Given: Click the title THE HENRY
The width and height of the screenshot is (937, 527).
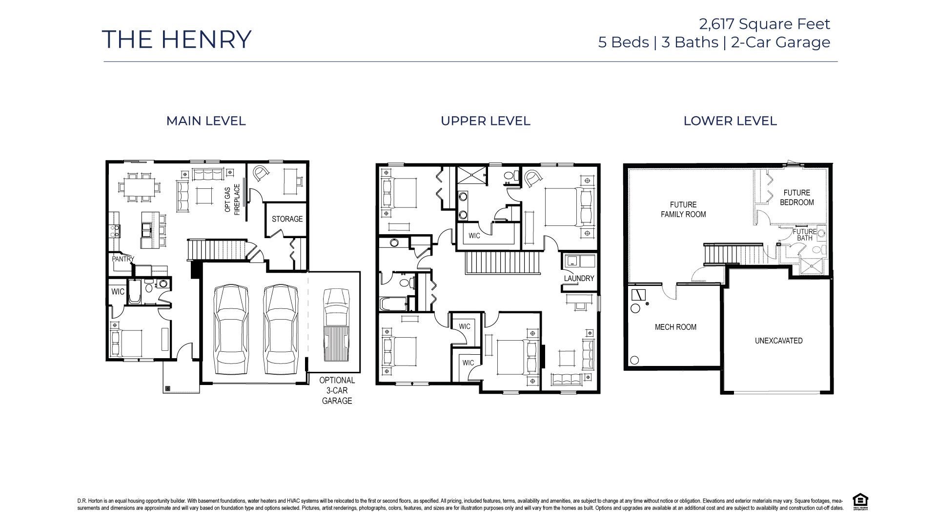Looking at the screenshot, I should pos(177,40).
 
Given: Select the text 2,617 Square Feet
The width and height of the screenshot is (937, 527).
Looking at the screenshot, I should pos(764,23).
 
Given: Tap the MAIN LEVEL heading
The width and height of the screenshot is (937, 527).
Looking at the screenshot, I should pos(206,121).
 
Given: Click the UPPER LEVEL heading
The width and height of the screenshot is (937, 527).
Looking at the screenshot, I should pos(485,121).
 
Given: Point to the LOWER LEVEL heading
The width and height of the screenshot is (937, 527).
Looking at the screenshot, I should pos(730,121).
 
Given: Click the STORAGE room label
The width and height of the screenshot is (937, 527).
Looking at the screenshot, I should pos(287,219).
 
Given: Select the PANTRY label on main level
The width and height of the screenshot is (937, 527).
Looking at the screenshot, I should pos(122,259).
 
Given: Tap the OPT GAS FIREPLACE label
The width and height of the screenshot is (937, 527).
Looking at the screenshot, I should pos(233,199).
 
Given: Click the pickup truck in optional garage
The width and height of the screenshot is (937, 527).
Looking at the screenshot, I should pos(336,324).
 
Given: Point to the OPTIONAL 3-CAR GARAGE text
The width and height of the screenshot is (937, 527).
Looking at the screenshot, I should pos(337,390).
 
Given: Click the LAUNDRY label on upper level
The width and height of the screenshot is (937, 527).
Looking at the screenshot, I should pos(579,279).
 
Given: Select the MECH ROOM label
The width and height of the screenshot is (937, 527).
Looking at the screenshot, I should pos(675,327).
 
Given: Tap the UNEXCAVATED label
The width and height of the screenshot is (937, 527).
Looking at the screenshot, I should pos(778,341).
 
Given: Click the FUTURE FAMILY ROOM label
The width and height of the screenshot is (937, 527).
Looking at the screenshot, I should pos(683,209).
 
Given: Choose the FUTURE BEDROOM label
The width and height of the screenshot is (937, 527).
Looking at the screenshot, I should pos(796,198).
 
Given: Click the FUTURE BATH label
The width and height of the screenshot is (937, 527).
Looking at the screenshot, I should pos(804,235).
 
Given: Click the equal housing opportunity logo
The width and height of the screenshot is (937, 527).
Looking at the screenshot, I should pos(860,502).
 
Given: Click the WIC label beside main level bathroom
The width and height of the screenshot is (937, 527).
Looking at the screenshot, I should pos(118,292).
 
